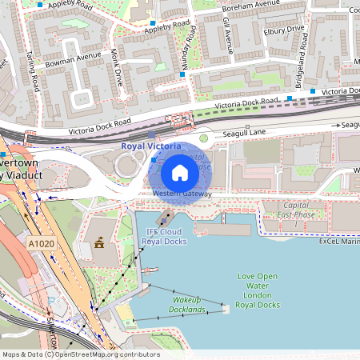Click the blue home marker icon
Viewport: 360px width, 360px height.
point(180,173)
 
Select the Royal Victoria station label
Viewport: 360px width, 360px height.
point(152,146)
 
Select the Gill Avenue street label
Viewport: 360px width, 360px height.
point(228,31)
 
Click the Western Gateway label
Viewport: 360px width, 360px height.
point(182,194)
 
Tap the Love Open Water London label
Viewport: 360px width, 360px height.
point(257,290)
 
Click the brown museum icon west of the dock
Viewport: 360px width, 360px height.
point(100,242)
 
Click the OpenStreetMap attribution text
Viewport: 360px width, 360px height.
point(81,354)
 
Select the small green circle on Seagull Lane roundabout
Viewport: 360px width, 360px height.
point(203,138)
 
